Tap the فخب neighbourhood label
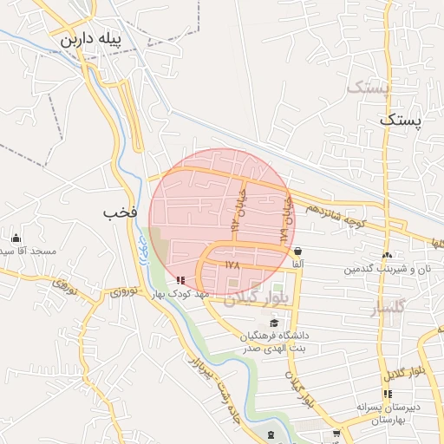(121, 212)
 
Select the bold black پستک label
(400, 121)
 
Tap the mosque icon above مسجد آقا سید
(16, 238)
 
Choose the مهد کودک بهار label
(180, 295)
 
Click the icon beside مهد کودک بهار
(180, 280)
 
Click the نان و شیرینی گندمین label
(387, 269)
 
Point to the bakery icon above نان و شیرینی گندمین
(387, 255)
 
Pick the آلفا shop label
(297, 264)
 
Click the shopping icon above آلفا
(298, 251)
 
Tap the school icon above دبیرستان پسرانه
(387, 395)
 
